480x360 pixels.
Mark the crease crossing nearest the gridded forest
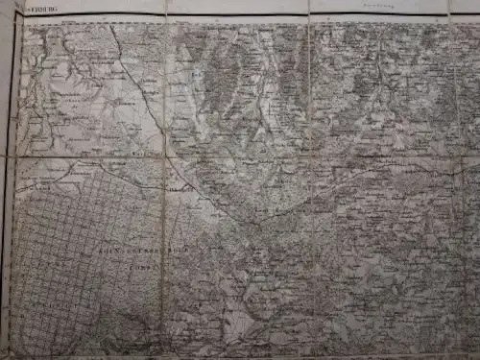point(162,156)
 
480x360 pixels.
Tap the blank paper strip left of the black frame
point(6,192)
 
